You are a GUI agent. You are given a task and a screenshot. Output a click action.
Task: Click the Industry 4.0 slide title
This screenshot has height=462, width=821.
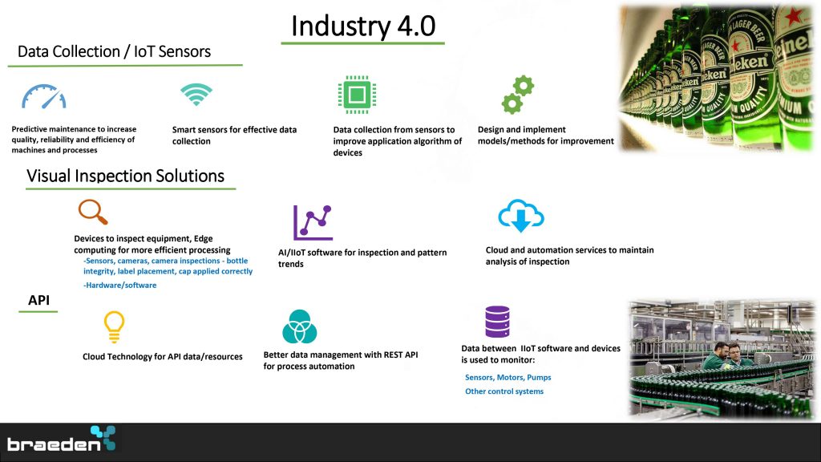363,26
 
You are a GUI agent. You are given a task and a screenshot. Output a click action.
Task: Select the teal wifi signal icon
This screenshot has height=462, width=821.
196,95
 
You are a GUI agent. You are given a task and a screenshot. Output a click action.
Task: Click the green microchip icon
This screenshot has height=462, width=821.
357,95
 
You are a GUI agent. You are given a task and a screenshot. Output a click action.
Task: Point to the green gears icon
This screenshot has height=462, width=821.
518,95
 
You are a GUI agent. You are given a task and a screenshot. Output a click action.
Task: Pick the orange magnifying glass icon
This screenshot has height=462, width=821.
93,212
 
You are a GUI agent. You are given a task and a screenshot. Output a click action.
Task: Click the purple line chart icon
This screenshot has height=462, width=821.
313,223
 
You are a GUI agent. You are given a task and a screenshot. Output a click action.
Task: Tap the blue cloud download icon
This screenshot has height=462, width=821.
521,215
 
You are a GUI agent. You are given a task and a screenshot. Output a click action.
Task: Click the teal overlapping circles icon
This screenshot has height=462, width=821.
300,326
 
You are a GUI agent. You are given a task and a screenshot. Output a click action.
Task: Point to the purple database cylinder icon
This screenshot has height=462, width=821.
497,322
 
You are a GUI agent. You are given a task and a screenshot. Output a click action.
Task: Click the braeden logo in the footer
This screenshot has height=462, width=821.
61,439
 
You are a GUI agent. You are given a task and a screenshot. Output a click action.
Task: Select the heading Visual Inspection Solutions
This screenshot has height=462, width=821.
125,176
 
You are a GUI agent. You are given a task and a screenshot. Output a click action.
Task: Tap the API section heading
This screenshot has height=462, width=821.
38,300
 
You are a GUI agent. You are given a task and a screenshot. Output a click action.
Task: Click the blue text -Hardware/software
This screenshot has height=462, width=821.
120,285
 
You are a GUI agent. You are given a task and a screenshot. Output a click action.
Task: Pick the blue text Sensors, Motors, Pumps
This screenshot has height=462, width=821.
508,377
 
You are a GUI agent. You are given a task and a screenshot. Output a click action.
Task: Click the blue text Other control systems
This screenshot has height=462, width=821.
504,391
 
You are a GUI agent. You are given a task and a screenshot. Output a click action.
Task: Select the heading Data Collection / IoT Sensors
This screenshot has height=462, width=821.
114,51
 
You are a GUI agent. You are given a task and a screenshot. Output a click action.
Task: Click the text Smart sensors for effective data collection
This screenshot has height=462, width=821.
235,135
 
